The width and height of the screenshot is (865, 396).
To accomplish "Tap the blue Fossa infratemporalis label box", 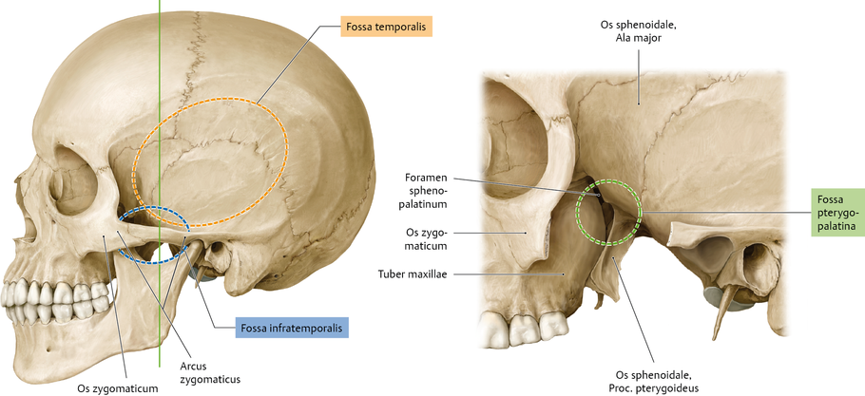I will click(292, 329).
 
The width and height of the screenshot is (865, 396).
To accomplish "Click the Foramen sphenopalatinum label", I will click(423, 189).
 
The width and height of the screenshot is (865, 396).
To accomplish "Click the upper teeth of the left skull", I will click(43, 290).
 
